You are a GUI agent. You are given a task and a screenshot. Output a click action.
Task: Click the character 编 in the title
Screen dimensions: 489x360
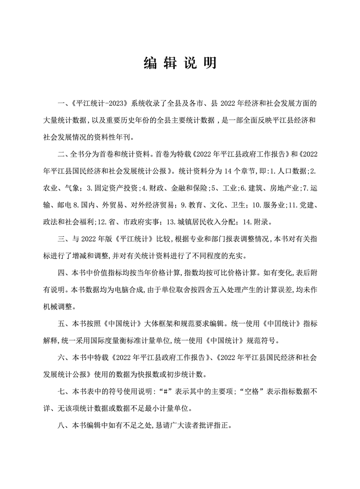click(x=149, y=64)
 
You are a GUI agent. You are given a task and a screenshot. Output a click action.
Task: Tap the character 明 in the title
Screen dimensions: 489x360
click(x=210, y=64)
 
